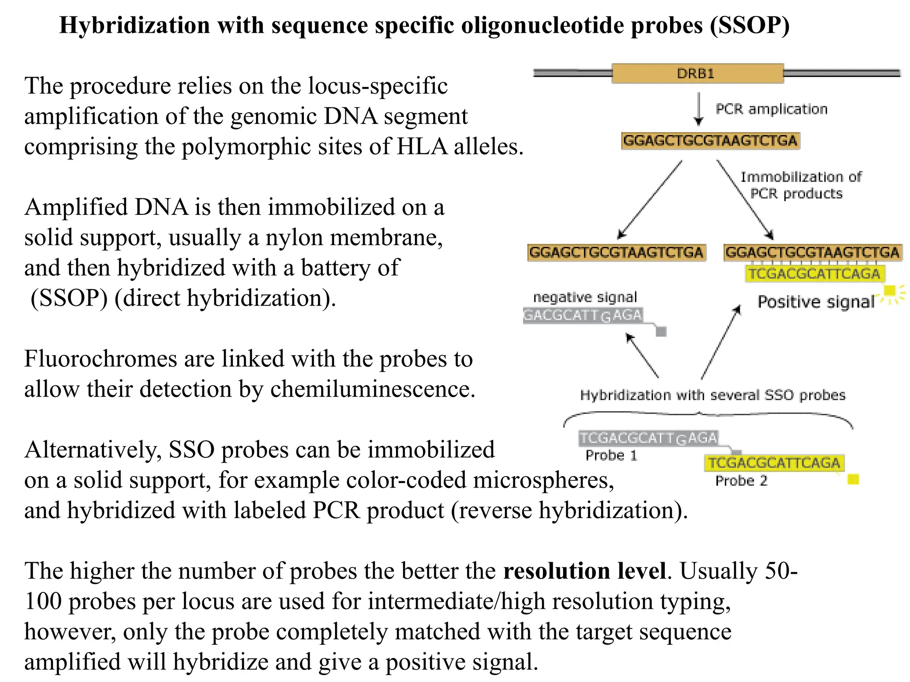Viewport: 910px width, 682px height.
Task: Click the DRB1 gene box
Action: tap(697, 73)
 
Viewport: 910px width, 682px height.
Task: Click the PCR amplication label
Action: tap(771, 109)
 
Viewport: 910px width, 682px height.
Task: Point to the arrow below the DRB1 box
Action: tap(698, 109)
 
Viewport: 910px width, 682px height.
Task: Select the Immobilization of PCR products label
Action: tap(800, 185)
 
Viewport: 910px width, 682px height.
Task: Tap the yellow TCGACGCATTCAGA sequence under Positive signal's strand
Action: tap(814, 274)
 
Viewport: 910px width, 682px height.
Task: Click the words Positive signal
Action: tap(816, 302)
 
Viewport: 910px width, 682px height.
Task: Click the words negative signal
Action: tap(585, 297)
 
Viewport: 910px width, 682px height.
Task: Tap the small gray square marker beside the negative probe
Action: tap(661, 331)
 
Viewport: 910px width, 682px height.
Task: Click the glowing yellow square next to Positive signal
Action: tap(890, 291)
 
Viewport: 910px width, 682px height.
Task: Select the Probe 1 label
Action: tap(611, 456)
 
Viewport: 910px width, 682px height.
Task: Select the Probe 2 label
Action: tap(741, 481)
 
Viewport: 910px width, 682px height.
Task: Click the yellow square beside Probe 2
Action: tap(853, 480)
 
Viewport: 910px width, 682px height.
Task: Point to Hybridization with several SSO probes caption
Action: tap(713, 395)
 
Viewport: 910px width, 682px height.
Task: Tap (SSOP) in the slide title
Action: tap(750, 25)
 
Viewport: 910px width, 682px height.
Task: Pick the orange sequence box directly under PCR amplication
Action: tap(710, 141)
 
